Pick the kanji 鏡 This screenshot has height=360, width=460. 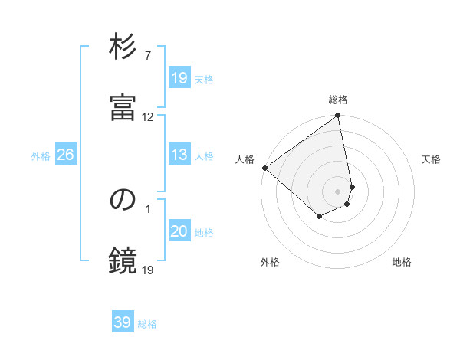(x=123, y=260)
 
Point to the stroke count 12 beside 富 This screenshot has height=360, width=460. (x=148, y=117)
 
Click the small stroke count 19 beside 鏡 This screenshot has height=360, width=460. (x=148, y=270)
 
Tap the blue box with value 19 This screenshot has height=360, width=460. (x=179, y=78)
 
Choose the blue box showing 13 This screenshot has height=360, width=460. (x=179, y=155)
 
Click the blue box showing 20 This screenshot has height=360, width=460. (x=179, y=231)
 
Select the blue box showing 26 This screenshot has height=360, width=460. (x=65, y=155)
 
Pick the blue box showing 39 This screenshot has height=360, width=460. (x=123, y=322)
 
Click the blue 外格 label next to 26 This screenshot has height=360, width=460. (x=41, y=155)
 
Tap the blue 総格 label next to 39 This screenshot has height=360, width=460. (x=147, y=323)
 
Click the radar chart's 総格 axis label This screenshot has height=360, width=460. (x=338, y=100)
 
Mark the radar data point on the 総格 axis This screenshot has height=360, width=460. (x=338, y=116)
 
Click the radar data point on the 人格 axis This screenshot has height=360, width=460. (x=264, y=168)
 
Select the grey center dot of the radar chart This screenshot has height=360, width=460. (x=338, y=191)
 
